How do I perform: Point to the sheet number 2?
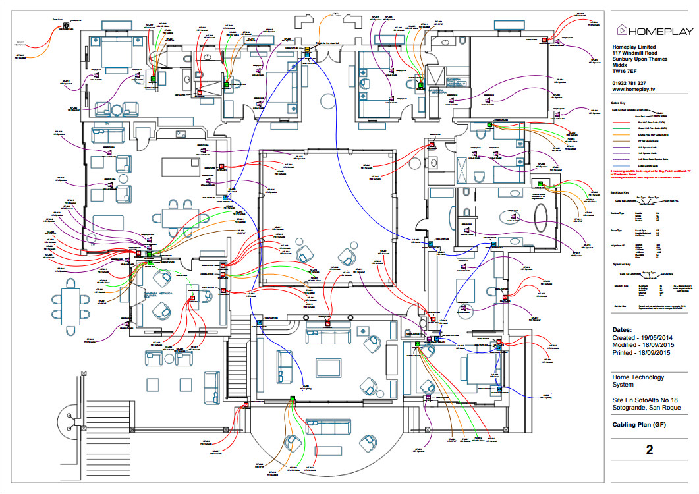point(649,450)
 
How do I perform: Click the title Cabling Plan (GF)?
point(639,425)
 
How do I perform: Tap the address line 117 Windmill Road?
point(640,53)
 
